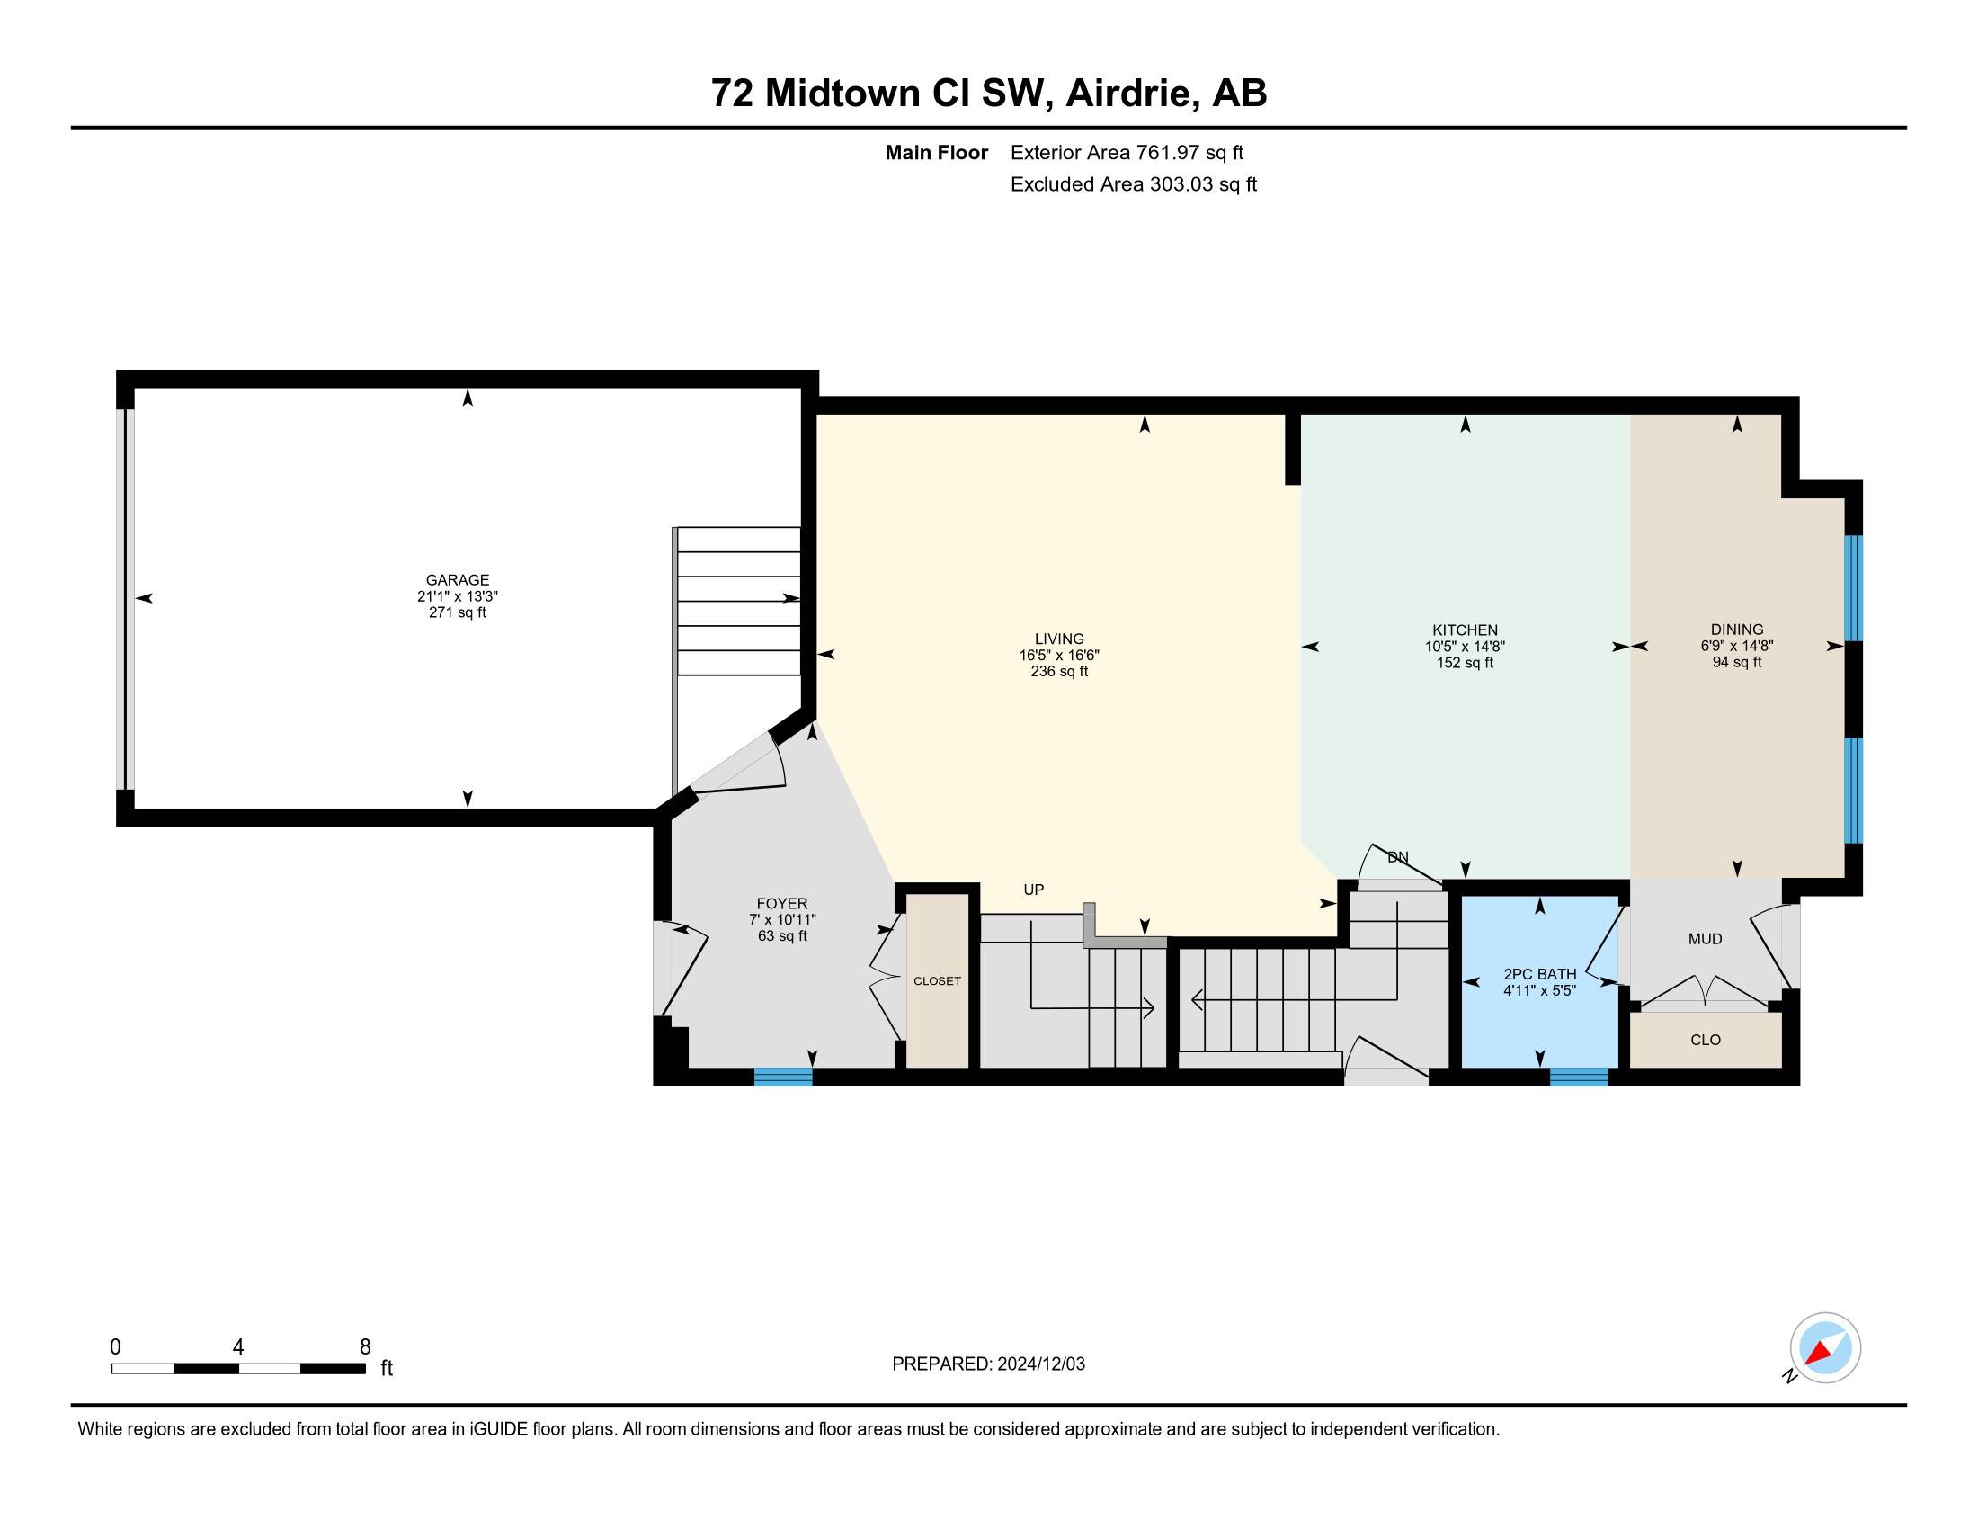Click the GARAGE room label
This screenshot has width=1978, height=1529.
(458, 580)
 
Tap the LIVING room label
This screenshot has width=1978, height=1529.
(1059, 639)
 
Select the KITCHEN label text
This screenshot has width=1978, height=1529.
(1465, 630)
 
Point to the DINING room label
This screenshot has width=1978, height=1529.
(1736, 630)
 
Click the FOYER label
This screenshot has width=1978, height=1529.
(781, 903)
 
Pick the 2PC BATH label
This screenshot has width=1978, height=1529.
(1539, 974)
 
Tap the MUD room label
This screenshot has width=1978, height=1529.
(1705, 939)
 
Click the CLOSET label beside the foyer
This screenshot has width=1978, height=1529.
(937, 981)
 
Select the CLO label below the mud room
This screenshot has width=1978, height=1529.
(1706, 1040)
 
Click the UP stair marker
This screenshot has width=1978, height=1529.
(1033, 890)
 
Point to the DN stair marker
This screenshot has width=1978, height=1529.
(1397, 857)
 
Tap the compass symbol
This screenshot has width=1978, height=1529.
(1825, 1347)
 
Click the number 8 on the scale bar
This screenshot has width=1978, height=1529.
(365, 1347)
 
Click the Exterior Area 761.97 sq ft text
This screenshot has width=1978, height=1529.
(1127, 153)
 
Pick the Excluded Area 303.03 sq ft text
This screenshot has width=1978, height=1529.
(1134, 184)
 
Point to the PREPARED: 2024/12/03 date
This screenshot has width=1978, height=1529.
(988, 1364)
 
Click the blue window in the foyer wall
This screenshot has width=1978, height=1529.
(783, 1077)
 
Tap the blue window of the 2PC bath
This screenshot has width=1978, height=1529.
(1579, 1077)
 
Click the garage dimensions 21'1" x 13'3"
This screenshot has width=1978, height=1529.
(458, 596)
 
